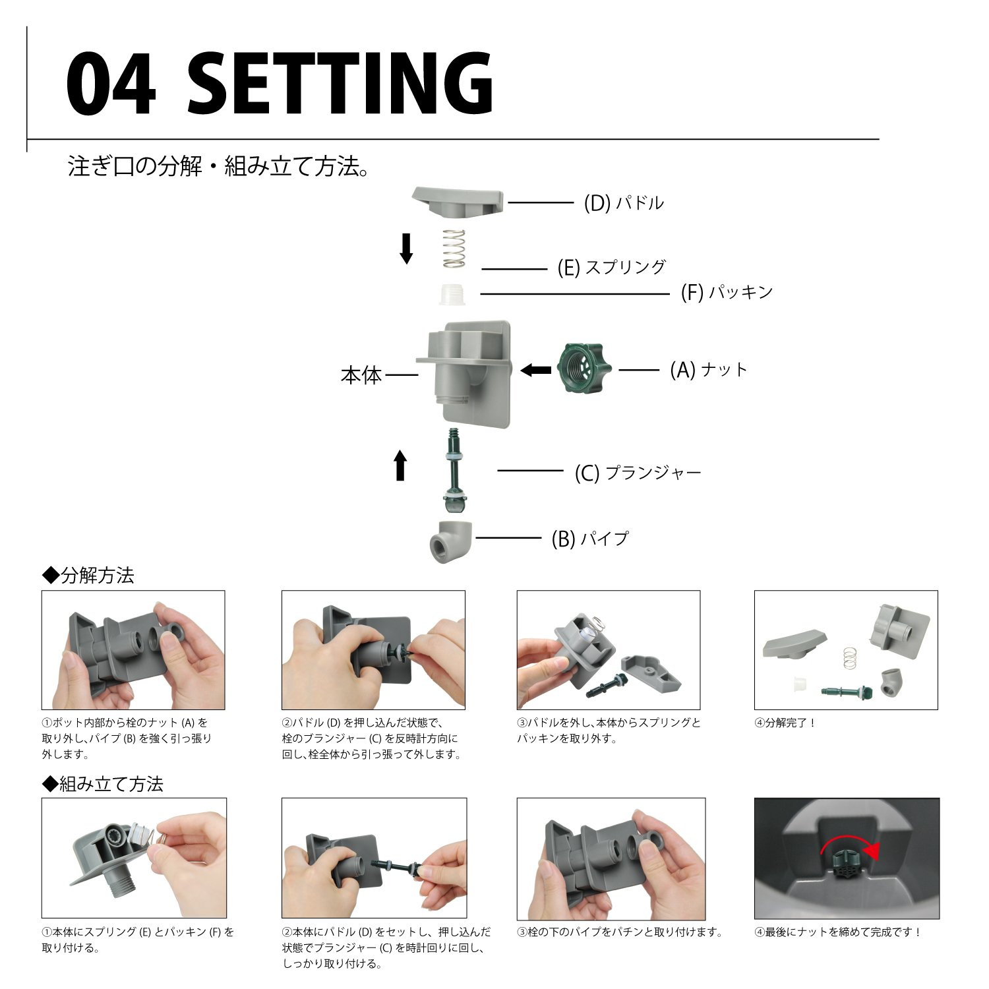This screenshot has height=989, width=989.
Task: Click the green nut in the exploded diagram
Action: coord(584,369)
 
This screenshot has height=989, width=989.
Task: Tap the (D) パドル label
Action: coord(624,203)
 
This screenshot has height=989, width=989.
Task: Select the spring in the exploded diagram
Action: coord(454,249)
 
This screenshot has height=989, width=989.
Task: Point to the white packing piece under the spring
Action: coord(453,294)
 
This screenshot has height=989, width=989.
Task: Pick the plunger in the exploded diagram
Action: coord(453,469)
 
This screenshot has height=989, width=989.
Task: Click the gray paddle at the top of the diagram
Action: coord(458,202)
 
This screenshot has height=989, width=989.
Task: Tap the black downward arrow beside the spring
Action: coord(406,249)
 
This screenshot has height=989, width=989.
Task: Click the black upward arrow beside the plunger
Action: coord(400,465)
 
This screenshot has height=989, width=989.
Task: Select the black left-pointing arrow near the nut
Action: coord(536,371)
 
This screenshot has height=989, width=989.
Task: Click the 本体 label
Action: coord(361,376)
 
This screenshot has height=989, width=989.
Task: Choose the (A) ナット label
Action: coord(709,370)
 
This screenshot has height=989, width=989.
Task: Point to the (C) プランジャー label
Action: coord(638,473)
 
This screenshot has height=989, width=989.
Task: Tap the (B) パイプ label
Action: coord(590,539)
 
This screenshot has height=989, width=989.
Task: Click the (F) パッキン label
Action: coord(727,292)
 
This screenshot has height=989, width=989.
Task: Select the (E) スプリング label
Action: coord(612,268)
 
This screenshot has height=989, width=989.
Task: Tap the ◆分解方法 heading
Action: coord(88,576)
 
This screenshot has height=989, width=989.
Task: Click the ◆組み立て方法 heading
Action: coord(102,784)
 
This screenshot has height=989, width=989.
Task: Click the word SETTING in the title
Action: coord(340,84)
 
